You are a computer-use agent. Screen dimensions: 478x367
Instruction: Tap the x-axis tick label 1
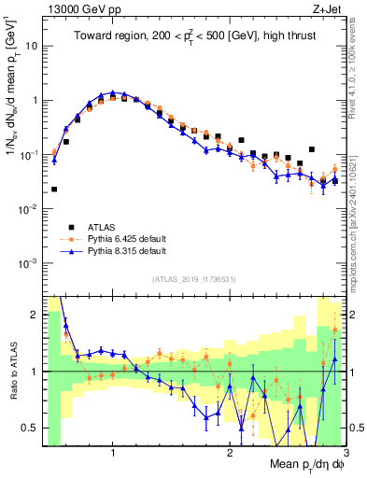click(113, 444)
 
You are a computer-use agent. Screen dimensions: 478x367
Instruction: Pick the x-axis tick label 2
click(230, 444)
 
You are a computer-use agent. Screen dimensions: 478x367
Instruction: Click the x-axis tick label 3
click(345, 444)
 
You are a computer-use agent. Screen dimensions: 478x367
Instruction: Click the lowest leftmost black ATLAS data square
click(54, 189)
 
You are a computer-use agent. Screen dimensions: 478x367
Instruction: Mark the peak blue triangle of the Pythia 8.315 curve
click(113, 92)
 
